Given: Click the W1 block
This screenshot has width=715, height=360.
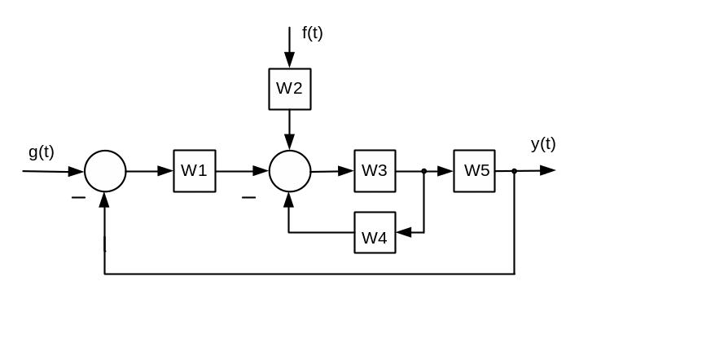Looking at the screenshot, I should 195,171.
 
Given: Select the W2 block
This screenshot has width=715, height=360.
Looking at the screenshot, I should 290,89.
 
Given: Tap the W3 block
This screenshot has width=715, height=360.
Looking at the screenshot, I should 375,171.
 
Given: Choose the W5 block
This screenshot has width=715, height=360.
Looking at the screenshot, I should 475,171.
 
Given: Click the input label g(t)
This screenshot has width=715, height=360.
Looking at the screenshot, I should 41,151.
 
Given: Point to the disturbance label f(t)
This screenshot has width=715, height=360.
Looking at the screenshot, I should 312,33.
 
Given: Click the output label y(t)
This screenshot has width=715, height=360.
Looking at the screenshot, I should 543,144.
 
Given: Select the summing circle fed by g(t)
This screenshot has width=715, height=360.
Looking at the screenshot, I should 105,171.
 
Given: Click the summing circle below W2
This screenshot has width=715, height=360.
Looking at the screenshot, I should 290,171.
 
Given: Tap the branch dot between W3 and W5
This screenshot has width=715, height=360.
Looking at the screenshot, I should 424,171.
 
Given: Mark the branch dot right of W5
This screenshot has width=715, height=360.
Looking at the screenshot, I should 515,171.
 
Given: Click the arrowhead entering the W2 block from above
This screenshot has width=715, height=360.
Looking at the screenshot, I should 289,61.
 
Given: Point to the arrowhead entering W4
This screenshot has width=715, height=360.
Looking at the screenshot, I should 404,233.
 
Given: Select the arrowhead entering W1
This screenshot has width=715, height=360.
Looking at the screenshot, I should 165,171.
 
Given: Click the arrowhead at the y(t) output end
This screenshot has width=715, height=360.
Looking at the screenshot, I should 547,171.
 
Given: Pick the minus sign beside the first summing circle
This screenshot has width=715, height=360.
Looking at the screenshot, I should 78,197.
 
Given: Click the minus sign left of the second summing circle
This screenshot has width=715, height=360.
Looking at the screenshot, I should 248,197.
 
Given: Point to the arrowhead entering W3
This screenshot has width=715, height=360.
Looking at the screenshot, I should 346,171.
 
